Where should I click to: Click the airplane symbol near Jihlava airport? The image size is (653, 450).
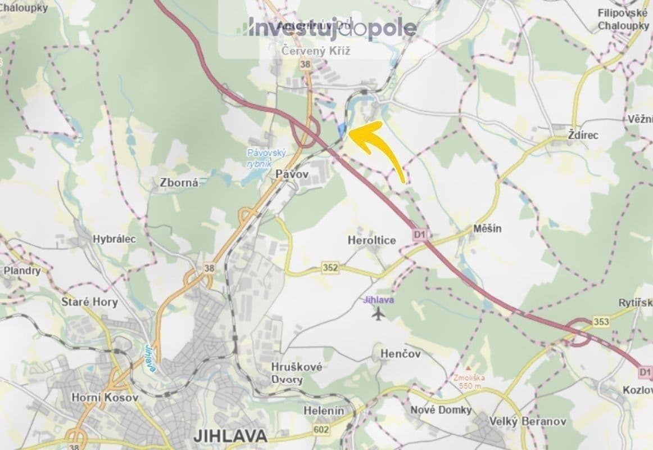(379, 314)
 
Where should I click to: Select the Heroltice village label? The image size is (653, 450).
(371, 240)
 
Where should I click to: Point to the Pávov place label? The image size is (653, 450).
(292, 175)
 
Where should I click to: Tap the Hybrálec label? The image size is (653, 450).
(115, 239)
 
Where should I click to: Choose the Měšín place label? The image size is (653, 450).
(487, 229)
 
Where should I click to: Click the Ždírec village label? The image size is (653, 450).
(583, 136)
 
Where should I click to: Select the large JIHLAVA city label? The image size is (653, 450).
(229, 435)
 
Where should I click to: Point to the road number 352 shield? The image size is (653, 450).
(331, 268)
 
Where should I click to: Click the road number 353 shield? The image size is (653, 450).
(600, 321)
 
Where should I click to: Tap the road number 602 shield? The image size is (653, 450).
(322, 429)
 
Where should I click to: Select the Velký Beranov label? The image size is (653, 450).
(520, 421)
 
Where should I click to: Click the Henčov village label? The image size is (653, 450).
(401, 354)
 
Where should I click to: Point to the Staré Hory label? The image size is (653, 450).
(89, 302)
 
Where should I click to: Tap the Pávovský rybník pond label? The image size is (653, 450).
(266, 157)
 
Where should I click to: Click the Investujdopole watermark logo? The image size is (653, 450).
(332, 27)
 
